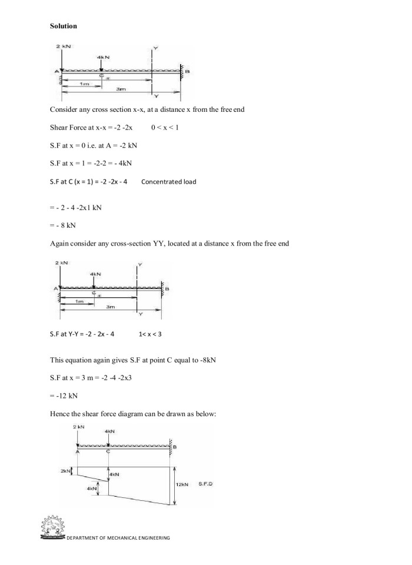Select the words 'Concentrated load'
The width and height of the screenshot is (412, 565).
point(169,181)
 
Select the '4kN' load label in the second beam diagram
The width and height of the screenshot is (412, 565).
point(95,274)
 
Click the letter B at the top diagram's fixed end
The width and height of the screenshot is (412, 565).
point(187,71)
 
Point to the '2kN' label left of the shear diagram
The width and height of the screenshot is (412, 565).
point(65,471)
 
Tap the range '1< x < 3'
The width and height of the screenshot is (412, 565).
point(150,334)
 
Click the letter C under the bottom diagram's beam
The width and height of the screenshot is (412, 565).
point(108,453)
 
